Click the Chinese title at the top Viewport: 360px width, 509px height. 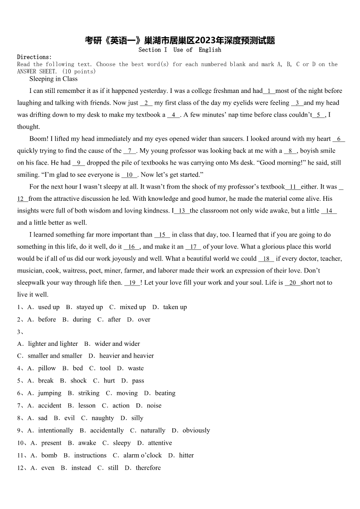(180, 40)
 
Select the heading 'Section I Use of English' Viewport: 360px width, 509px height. (180, 50)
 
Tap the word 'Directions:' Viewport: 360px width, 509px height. (34, 57)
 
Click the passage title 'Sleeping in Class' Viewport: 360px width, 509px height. (54, 79)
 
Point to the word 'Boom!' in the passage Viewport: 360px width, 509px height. (39, 139)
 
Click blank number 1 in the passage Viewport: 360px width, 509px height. (269, 91)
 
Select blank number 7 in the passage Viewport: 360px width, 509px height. (130, 151)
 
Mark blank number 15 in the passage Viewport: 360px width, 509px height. (162, 235)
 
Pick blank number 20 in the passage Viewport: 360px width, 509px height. (293, 283)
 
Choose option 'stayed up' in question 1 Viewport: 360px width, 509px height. (90, 307)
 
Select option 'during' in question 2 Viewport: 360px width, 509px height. (82, 320)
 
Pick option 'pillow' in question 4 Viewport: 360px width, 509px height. (47, 368)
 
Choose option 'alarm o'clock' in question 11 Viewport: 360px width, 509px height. (142, 455)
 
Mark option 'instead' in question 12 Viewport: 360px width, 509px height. (81, 468)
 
